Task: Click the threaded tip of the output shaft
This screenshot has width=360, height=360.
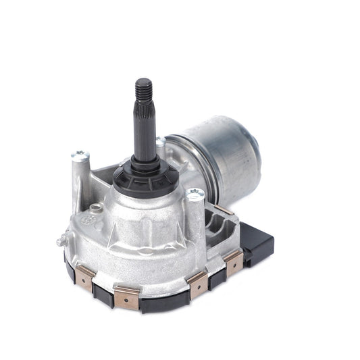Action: click(144, 88)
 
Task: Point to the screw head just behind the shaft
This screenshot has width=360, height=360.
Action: click(160, 141)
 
